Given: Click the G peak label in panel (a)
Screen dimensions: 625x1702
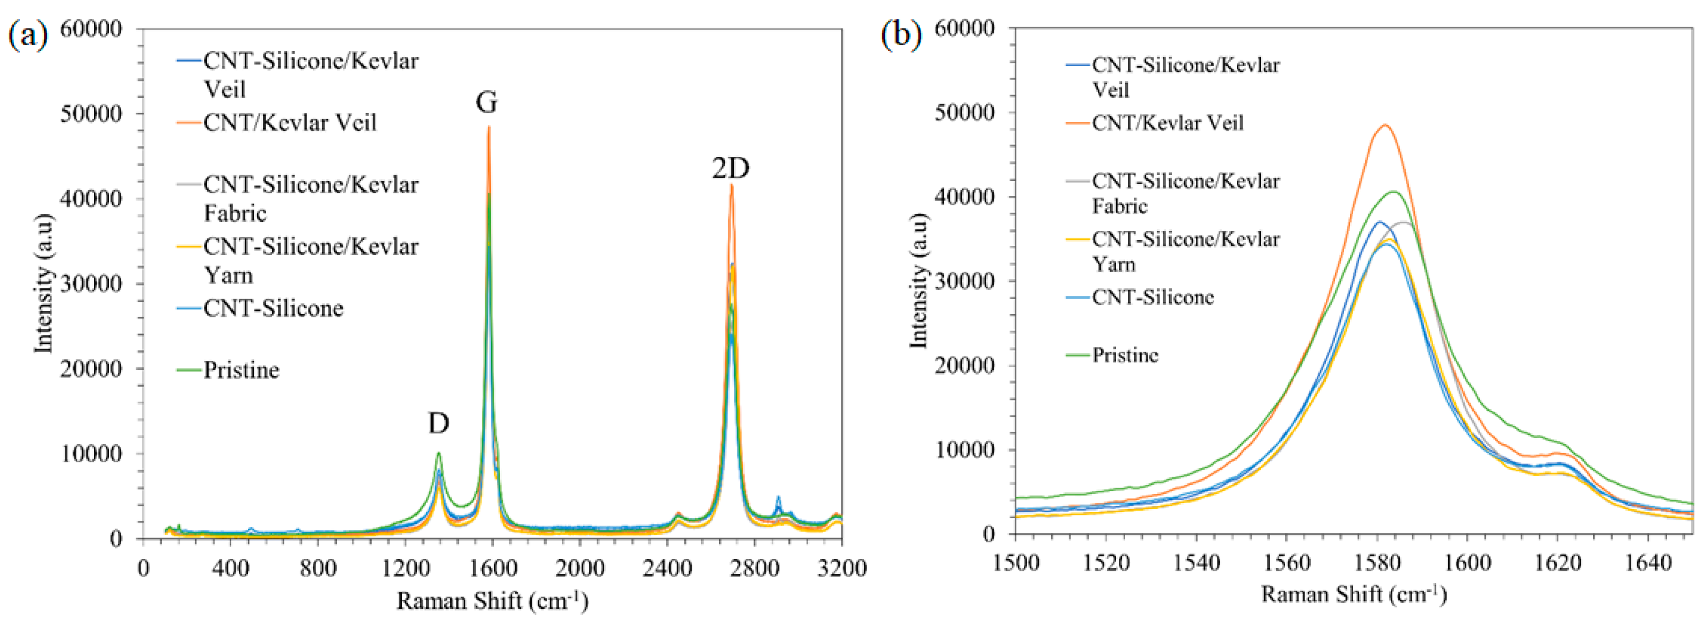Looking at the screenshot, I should coord(486,103).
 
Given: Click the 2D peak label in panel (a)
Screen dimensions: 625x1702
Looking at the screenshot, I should coord(730,169).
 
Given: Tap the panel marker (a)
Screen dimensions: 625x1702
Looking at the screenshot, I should coord(28,34).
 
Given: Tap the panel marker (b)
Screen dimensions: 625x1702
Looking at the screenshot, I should coord(902,34).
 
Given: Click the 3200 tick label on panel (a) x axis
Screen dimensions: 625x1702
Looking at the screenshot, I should coord(841,568).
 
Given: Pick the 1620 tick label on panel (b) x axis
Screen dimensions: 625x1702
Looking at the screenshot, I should coord(1557,563).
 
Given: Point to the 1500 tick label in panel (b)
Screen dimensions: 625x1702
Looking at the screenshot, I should coord(1016,563).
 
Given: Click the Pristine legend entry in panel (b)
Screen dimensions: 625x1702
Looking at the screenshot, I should coord(1125,355).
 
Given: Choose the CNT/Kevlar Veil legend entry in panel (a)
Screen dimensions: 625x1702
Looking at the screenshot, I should coord(289,123).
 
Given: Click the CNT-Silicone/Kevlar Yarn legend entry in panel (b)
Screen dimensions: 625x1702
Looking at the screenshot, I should coord(1185,251).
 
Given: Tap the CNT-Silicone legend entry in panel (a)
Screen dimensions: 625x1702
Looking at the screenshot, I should coord(273,308).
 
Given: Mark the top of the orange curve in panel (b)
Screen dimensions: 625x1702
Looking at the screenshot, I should coord(1385,125).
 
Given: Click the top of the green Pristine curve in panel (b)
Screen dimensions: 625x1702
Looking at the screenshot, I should coord(1394,192).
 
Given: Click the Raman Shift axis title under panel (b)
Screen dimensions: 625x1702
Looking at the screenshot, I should coord(1354,594).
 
